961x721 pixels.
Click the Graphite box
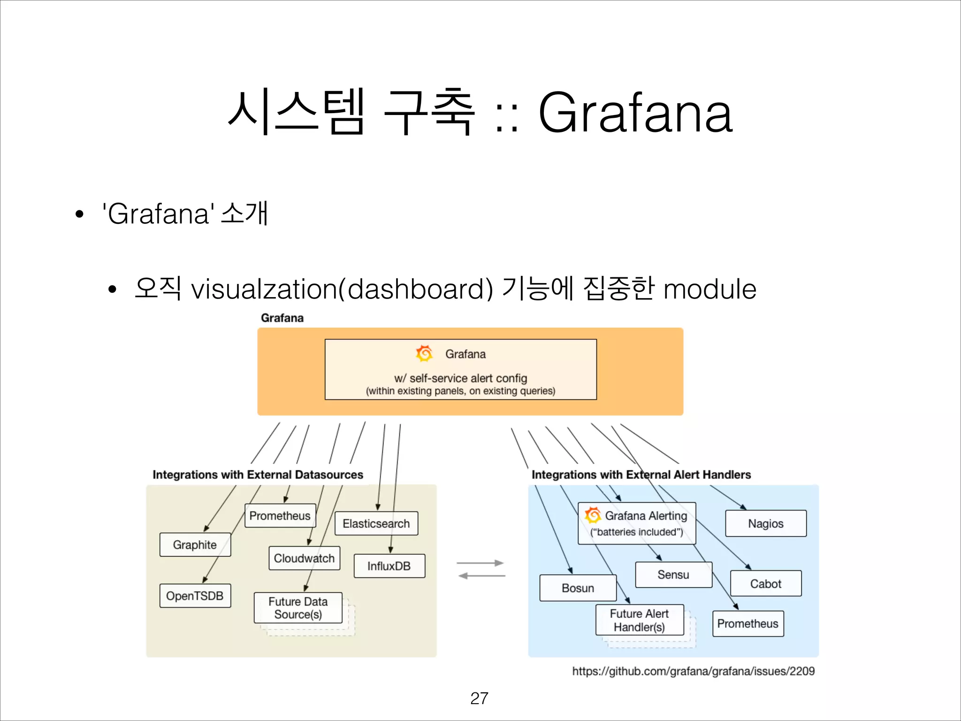[x=195, y=545]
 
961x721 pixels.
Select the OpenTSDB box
[x=195, y=596]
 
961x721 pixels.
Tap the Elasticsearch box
[x=376, y=523]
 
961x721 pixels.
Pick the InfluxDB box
[x=389, y=566]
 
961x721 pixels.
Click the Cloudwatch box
[x=304, y=558]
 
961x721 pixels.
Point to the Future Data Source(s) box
[x=298, y=608]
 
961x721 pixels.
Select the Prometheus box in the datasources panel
[x=280, y=515]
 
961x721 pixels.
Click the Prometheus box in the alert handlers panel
[x=747, y=623]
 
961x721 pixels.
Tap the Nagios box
[x=765, y=523]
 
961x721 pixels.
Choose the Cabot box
[x=765, y=583]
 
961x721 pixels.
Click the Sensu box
[x=673, y=575]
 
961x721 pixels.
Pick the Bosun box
[x=578, y=588]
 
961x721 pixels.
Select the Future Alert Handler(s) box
[x=639, y=620]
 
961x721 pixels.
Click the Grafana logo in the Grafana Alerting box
[x=593, y=515]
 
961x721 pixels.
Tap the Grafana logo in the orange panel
[x=424, y=353]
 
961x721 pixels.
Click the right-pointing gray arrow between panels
[x=480, y=563]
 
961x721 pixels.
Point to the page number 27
[x=479, y=698]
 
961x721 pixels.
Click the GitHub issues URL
[x=693, y=671]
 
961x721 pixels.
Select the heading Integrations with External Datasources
[x=258, y=475]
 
